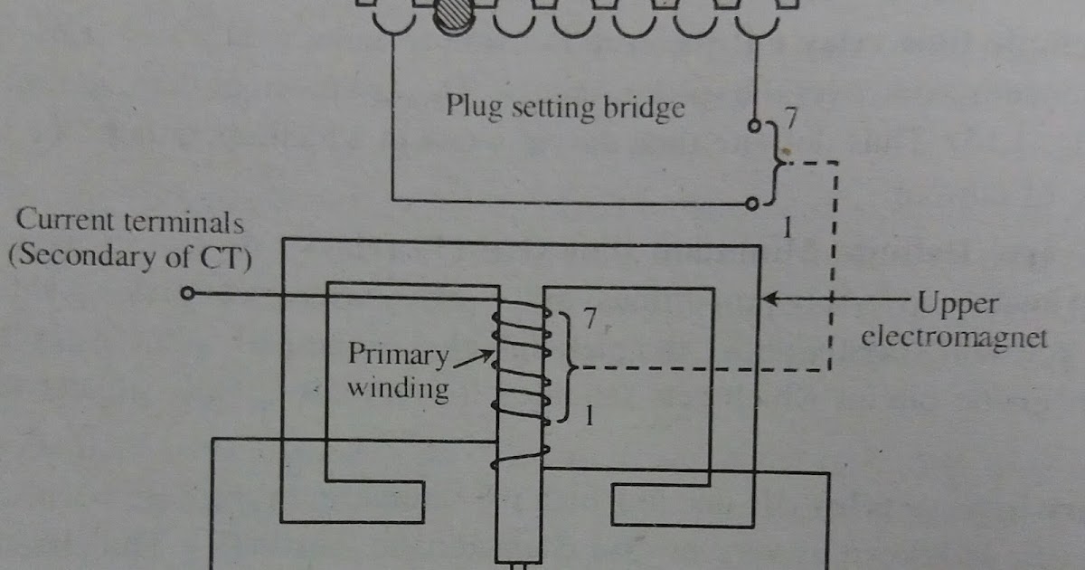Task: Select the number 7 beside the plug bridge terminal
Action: tap(792, 118)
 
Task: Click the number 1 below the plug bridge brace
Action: tap(787, 230)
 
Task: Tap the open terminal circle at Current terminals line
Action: tap(187, 294)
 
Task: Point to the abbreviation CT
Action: tap(228, 257)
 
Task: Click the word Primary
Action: tap(397, 354)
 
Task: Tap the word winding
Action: tap(398, 388)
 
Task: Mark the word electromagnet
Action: tap(954, 337)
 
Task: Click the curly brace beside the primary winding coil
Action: tap(569, 367)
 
